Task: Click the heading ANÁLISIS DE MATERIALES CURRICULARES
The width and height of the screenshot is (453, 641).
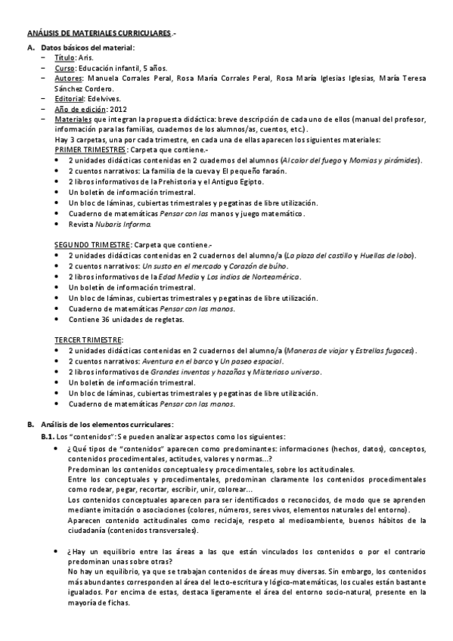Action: pos(99,34)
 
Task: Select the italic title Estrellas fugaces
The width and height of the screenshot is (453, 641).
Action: pos(384,351)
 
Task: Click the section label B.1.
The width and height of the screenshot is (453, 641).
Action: pos(48,436)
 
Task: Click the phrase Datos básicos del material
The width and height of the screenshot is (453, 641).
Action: pos(87,48)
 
